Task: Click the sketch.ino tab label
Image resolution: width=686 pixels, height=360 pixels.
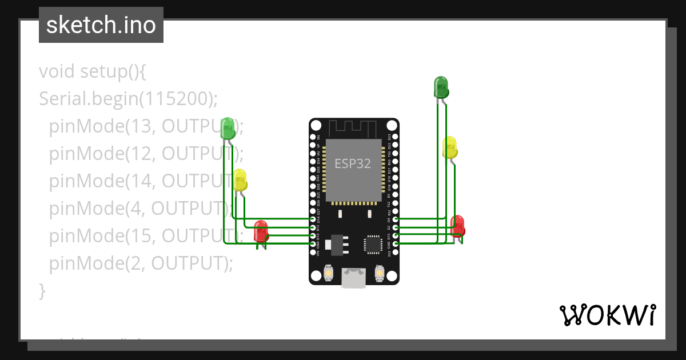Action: tap(101, 25)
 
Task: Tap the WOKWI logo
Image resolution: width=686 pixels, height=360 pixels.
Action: tap(607, 315)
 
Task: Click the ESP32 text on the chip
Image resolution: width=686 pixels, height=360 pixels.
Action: tap(353, 164)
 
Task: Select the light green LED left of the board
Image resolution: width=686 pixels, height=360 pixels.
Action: tap(228, 128)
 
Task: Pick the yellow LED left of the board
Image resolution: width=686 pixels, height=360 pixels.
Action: tap(240, 180)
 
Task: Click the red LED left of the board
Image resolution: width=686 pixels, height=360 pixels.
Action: tap(261, 231)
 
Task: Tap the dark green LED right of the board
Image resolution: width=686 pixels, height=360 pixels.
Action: tap(441, 87)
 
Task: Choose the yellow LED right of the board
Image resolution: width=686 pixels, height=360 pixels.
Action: tap(450, 147)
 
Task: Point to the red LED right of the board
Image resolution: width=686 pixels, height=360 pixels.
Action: tap(457, 226)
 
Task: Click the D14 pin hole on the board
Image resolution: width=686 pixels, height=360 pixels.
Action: tap(313, 219)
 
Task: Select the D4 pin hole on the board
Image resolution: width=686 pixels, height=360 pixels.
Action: tap(396, 219)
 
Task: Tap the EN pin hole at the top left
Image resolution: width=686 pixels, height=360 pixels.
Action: tap(313, 137)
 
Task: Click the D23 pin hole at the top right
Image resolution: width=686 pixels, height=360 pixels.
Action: tap(396, 137)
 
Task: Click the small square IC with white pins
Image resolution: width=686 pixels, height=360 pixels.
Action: tap(373, 244)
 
